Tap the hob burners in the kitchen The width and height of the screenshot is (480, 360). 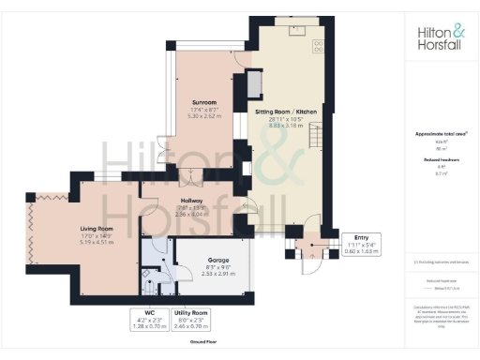(318, 45)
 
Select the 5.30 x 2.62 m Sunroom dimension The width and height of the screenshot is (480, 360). (204, 115)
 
